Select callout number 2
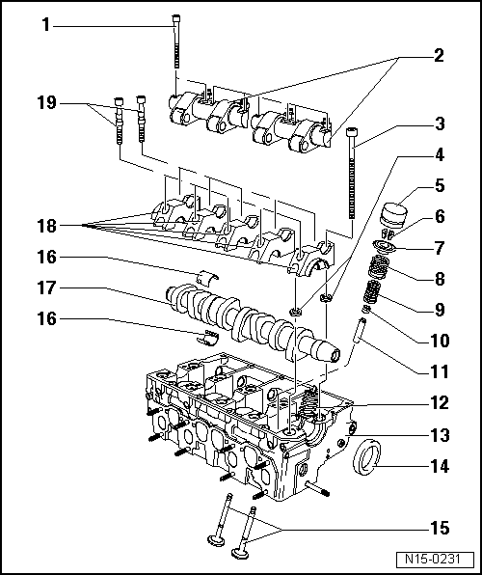point(438,56)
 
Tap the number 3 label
point(438,123)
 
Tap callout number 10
point(438,341)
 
